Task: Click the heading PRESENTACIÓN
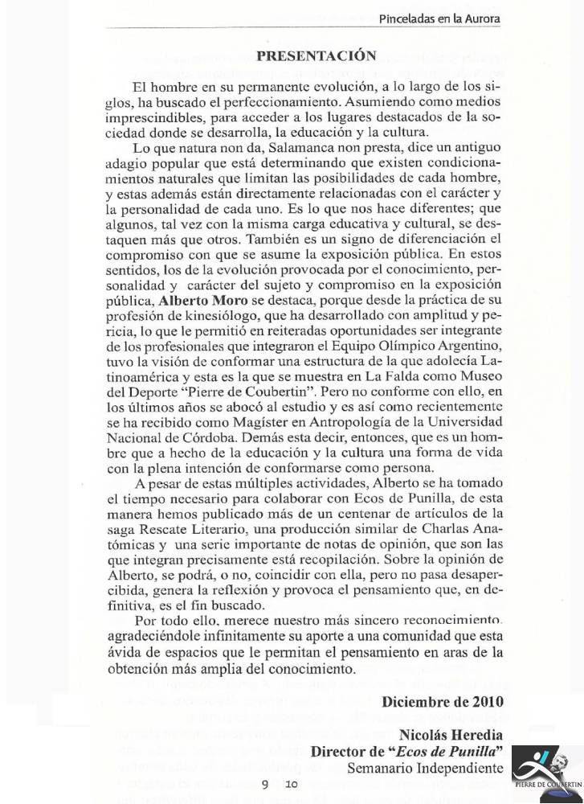[x=316, y=55]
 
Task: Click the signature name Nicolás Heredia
[x=451, y=735]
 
